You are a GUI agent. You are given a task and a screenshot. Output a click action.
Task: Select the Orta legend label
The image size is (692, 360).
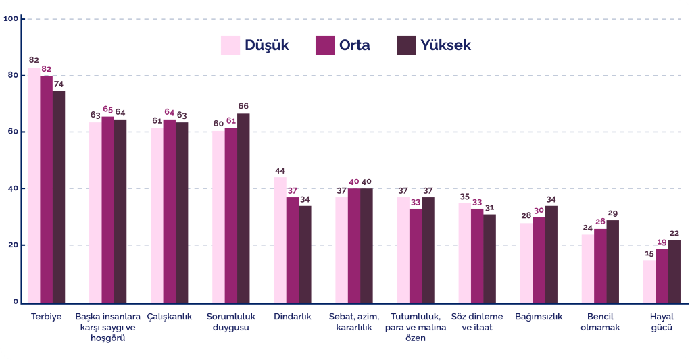[354, 45]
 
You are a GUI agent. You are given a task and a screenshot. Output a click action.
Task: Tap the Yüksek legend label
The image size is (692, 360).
[445, 45]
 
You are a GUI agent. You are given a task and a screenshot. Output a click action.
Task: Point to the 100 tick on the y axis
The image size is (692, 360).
[11, 18]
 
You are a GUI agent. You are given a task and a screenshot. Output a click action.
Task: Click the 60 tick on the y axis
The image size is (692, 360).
[13, 132]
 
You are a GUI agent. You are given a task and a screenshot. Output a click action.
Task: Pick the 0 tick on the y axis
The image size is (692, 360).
[15, 302]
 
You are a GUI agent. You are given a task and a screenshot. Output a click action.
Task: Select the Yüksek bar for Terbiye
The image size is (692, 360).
[59, 196]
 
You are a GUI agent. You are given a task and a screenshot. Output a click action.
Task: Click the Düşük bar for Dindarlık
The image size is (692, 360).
[280, 239]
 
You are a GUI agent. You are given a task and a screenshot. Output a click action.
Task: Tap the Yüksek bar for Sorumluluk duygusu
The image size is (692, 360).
[243, 207]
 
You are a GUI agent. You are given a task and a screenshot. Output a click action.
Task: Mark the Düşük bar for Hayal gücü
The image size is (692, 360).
[649, 281]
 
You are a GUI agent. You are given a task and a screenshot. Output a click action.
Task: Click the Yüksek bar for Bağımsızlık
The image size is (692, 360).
[551, 254]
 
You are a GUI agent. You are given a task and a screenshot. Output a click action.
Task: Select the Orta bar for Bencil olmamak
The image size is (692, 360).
[600, 265]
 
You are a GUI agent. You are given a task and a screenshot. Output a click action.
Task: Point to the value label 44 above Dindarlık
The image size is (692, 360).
[280, 170]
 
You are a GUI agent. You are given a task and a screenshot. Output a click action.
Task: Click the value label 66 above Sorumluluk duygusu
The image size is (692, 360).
[243, 107]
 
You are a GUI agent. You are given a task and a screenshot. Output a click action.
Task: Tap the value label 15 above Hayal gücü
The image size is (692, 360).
[649, 253]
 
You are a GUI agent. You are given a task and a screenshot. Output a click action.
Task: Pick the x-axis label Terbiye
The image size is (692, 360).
[47, 317]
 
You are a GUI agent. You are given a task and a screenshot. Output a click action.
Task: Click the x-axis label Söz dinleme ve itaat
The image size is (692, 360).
[476, 322]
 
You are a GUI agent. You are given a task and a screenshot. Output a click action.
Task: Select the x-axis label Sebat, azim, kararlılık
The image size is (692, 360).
[353, 322]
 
